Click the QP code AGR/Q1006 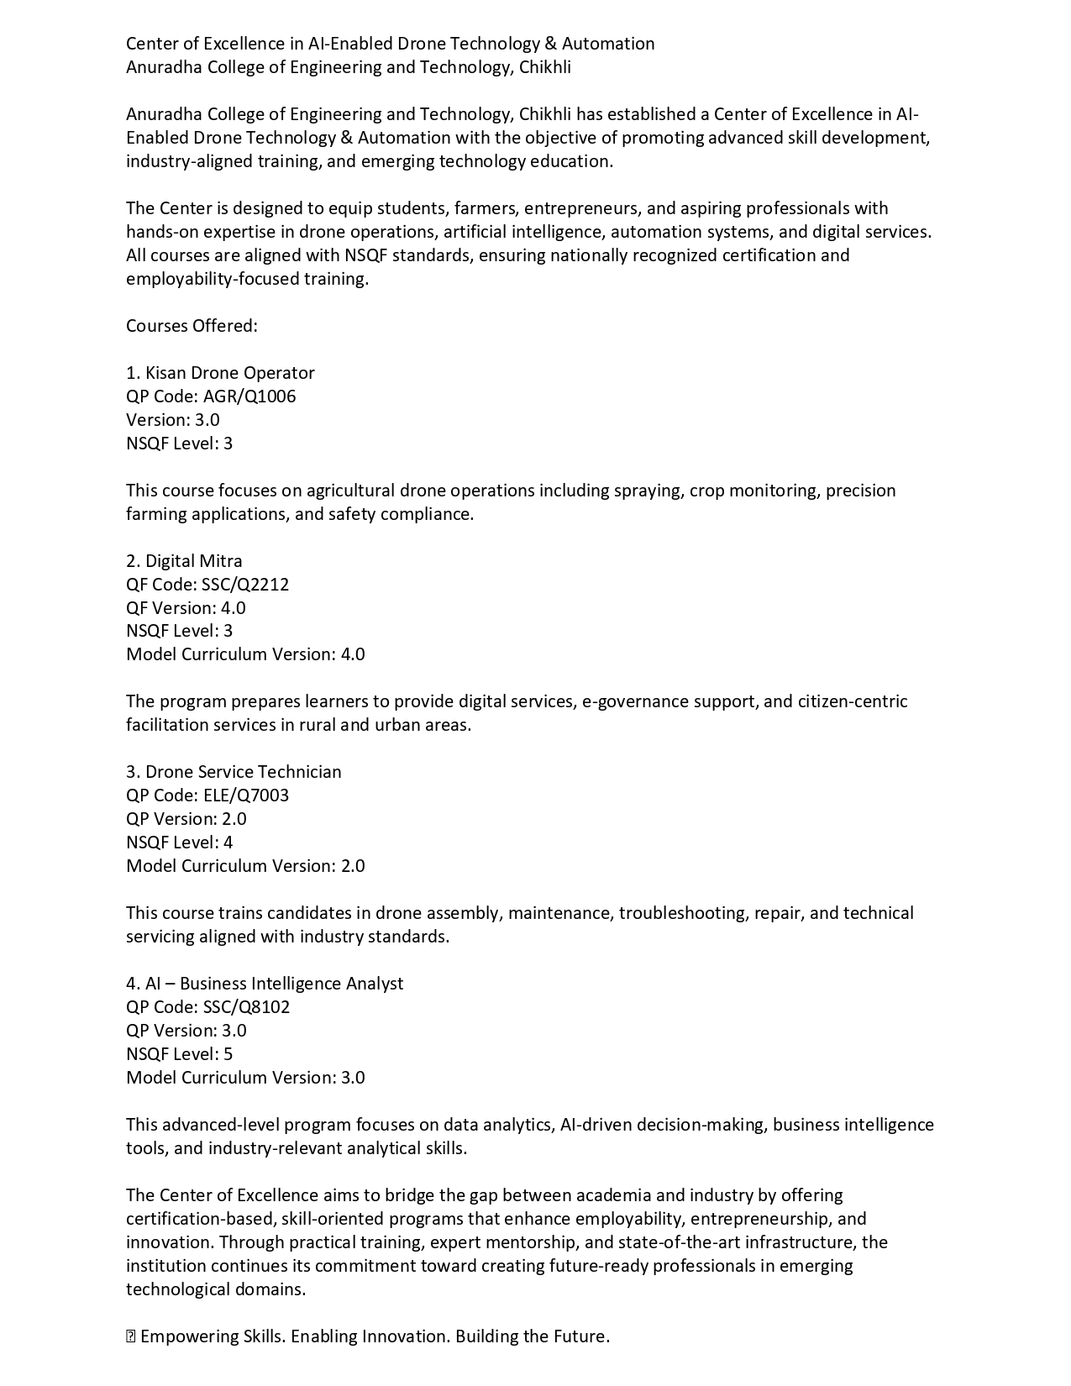pyautogui.click(x=249, y=396)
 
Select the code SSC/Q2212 pyautogui.click(x=245, y=585)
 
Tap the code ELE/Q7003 pyautogui.click(x=246, y=795)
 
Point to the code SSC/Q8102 pyautogui.click(x=246, y=1007)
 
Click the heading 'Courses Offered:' pyautogui.click(x=192, y=326)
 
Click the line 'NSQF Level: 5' pyautogui.click(x=180, y=1054)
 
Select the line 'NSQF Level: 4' pyautogui.click(x=180, y=843)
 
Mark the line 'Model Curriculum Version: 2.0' pyautogui.click(x=245, y=866)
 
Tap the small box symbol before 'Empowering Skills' pyautogui.click(x=130, y=1336)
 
